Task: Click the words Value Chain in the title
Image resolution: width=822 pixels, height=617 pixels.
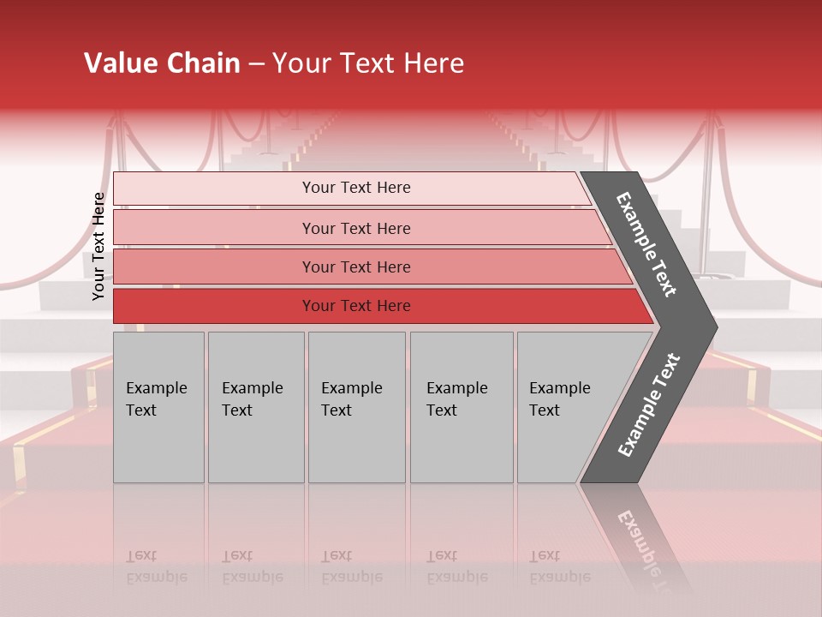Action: [x=162, y=63]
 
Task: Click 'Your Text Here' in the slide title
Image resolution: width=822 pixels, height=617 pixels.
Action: [x=368, y=63]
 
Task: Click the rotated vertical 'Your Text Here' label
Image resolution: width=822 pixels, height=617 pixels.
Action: [x=98, y=246]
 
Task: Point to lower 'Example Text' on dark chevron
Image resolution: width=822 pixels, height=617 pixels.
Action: [x=649, y=404]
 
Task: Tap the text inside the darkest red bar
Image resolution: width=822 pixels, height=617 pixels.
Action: [x=356, y=306]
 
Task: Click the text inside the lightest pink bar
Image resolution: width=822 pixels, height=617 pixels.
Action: [x=356, y=188]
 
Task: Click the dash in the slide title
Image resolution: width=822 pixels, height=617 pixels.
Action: [x=256, y=64]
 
